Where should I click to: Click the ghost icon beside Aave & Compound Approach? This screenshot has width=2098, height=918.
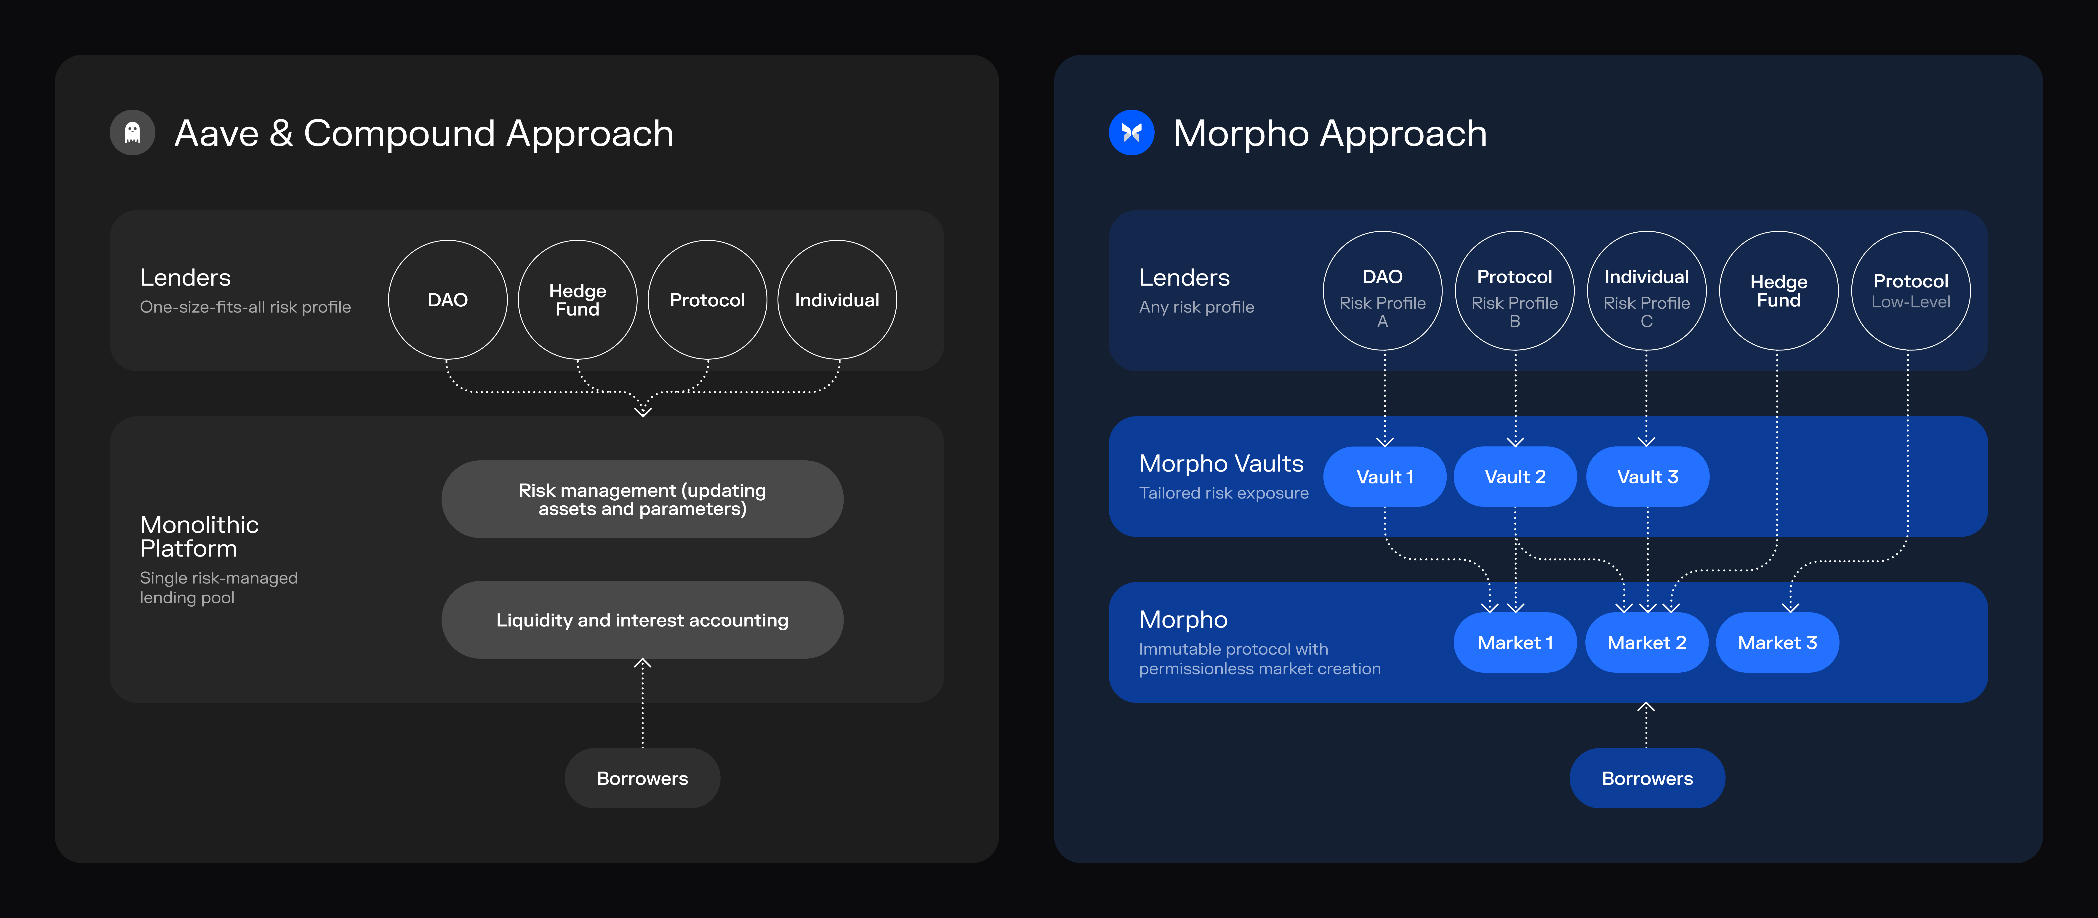click(x=132, y=133)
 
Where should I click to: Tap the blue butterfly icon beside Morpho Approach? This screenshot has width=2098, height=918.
click(x=1131, y=133)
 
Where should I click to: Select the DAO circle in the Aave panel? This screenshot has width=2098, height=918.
click(x=447, y=300)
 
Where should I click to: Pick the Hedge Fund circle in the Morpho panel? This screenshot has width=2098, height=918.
click(x=1778, y=291)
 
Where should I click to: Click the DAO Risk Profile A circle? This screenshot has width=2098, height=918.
click(x=1382, y=291)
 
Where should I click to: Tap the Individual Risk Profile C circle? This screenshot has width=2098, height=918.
click(x=1646, y=291)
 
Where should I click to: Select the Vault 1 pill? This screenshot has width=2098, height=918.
click(x=1384, y=477)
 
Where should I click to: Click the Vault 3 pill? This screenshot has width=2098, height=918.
click(x=1647, y=477)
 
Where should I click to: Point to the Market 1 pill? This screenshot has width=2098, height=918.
click(x=1515, y=643)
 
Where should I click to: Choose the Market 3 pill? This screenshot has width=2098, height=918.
click(x=1777, y=643)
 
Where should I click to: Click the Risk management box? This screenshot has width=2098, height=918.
click(x=642, y=499)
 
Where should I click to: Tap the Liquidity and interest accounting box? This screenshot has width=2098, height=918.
click(x=642, y=620)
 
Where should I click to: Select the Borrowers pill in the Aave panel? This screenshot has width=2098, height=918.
click(x=642, y=778)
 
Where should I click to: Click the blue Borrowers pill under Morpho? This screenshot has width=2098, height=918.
click(x=1647, y=778)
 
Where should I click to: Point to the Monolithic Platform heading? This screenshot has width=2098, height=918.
click(x=200, y=536)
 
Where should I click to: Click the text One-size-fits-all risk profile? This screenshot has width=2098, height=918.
click(x=245, y=307)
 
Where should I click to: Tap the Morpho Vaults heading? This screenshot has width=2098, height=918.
click(x=1221, y=464)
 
